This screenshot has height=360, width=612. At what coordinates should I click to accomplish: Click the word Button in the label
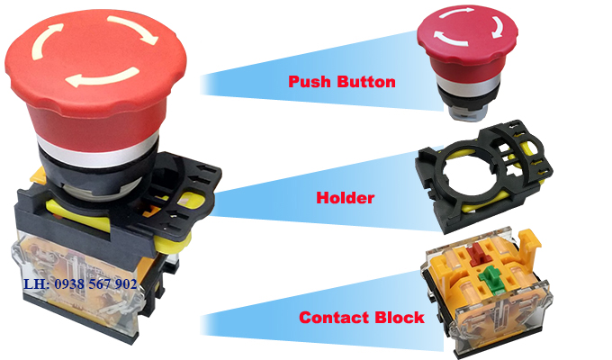366,82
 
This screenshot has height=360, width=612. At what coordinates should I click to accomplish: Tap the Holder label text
346,198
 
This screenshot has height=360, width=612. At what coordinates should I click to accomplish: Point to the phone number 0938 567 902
96,283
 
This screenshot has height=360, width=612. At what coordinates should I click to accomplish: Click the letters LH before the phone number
34,283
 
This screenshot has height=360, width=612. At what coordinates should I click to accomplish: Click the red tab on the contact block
478,254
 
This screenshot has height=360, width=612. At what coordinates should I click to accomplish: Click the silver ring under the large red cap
97,150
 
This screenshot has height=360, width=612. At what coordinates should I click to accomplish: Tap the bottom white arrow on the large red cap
103,77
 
